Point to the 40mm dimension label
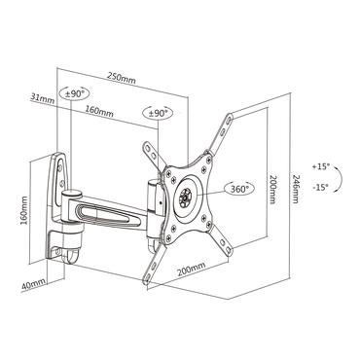[34, 285]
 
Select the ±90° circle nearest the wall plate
[75, 94]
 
